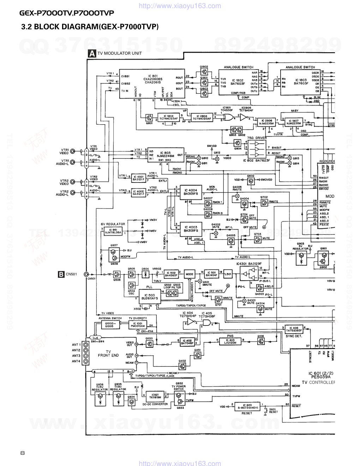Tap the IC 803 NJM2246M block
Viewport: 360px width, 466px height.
(166, 155)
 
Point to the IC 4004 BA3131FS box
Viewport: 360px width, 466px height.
(191, 192)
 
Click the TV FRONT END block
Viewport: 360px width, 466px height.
(108, 353)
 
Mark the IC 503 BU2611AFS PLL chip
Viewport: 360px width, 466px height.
(149, 297)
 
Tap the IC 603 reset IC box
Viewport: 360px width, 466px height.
(247, 407)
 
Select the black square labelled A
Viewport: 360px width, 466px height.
(92, 54)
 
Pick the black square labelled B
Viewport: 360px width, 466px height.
(61, 274)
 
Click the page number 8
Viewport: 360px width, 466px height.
(23, 453)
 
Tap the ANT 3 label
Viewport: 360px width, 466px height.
(76, 356)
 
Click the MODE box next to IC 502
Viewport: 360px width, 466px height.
(190, 274)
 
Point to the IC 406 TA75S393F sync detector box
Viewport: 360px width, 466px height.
(295, 329)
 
